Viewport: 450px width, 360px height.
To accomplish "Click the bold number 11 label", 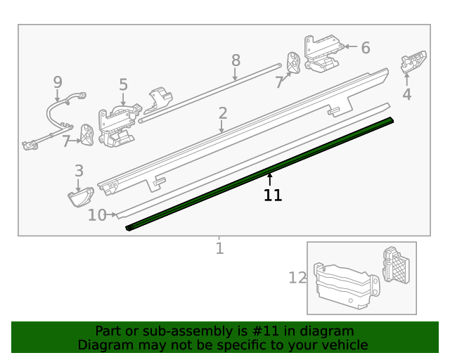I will (x=273, y=195).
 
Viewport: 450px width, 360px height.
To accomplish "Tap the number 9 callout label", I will (x=58, y=83).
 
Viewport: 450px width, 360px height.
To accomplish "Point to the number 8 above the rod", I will (x=236, y=60).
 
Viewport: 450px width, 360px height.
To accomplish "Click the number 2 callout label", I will (x=222, y=113).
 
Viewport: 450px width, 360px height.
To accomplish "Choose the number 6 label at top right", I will (x=365, y=48).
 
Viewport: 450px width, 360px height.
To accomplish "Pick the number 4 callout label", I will (x=406, y=95).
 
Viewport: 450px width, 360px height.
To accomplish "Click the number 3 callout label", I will (x=79, y=170).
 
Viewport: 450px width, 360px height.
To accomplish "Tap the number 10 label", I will (x=96, y=215).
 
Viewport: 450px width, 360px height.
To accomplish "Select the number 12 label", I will (x=297, y=278).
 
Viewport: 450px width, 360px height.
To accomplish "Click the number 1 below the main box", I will (x=219, y=248).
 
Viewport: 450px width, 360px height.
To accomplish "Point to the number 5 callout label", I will (x=123, y=85).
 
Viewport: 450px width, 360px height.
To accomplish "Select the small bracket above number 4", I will (x=413, y=63).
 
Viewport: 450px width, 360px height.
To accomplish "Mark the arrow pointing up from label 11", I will (x=269, y=179).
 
